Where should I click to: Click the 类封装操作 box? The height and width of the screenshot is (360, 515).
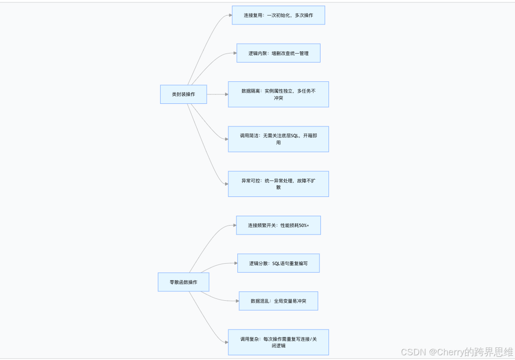[183, 94]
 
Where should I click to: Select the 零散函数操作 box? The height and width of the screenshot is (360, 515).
[183, 282]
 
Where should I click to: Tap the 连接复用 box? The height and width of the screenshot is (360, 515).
[278, 15]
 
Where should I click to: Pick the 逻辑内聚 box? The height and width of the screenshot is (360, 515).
[278, 53]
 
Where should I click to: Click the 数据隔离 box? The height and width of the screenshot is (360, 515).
[278, 94]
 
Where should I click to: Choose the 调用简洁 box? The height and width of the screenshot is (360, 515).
[278, 139]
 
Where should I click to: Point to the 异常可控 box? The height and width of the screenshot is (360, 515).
[278, 184]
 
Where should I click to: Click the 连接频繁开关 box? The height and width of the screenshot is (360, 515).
[278, 225]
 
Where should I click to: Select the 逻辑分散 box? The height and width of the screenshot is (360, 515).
[278, 263]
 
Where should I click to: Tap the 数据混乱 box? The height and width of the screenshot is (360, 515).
[278, 301]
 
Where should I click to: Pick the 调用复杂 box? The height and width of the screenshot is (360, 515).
[278, 342]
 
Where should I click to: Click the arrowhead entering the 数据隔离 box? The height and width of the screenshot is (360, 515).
[226, 94]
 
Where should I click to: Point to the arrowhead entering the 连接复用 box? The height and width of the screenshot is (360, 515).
[230, 15]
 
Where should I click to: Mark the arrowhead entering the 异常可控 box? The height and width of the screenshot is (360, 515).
[226, 184]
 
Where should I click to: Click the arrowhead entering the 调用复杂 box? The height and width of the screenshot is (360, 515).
[226, 342]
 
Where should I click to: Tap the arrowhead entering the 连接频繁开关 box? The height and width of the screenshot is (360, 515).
[234, 225]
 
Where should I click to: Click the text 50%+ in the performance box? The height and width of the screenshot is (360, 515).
[304, 225]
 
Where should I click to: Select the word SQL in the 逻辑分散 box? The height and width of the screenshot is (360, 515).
[276, 264]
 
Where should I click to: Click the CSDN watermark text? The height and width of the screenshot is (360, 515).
[414, 352]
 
